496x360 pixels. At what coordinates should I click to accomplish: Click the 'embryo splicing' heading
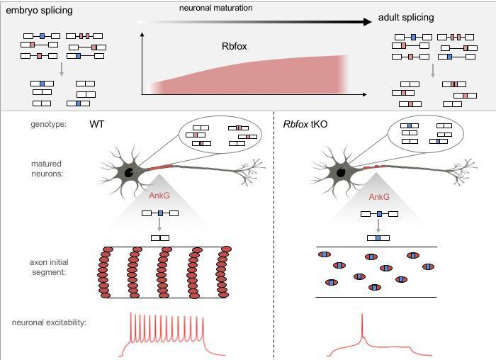pyautogui.click(x=39, y=11)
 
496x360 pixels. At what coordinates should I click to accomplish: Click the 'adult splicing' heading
pyautogui.click(x=406, y=17)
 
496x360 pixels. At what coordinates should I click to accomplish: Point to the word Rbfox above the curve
pyautogui.click(x=235, y=47)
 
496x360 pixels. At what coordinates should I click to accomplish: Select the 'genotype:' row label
pyautogui.click(x=48, y=124)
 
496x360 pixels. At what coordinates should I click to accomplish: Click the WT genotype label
pyautogui.click(x=97, y=124)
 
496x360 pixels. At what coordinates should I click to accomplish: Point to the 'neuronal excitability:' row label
pyautogui.click(x=49, y=322)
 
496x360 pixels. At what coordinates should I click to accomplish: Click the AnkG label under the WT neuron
pyautogui.click(x=159, y=196)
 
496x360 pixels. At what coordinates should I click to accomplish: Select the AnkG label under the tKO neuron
pyautogui.click(x=379, y=196)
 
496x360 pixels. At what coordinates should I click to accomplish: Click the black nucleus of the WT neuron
pyautogui.click(x=130, y=171)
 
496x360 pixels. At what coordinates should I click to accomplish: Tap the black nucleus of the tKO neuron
pyautogui.click(x=341, y=171)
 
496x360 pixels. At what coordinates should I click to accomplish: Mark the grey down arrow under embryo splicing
pyautogui.click(x=62, y=69)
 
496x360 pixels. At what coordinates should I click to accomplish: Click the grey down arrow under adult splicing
pyautogui.click(x=432, y=70)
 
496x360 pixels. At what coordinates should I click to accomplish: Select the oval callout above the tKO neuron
pyautogui.click(x=426, y=134)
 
